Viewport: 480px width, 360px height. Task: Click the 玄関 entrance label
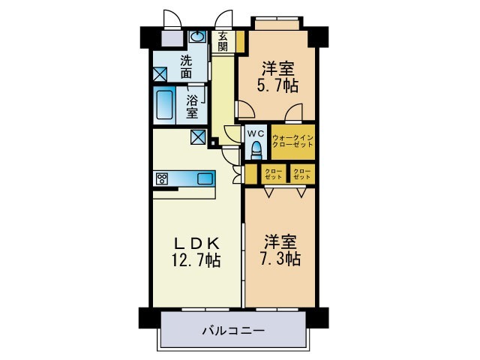coord(223,41)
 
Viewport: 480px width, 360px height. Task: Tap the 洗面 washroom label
coord(184,67)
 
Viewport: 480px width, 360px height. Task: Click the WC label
coord(256,133)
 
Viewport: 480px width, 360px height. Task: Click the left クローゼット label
coord(274,174)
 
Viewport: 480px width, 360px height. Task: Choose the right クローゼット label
coord(302,174)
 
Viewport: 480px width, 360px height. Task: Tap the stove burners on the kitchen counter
coord(162,178)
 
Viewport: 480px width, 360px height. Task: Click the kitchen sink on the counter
coord(205,178)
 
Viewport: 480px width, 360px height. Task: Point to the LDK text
coord(196,243)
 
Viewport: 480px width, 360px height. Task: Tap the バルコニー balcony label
coord(233,329)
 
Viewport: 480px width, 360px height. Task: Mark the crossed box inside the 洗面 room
coord(160,74)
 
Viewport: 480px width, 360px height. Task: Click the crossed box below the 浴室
coord(199,137)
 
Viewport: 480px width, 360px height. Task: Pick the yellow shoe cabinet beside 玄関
coord(240,43)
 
